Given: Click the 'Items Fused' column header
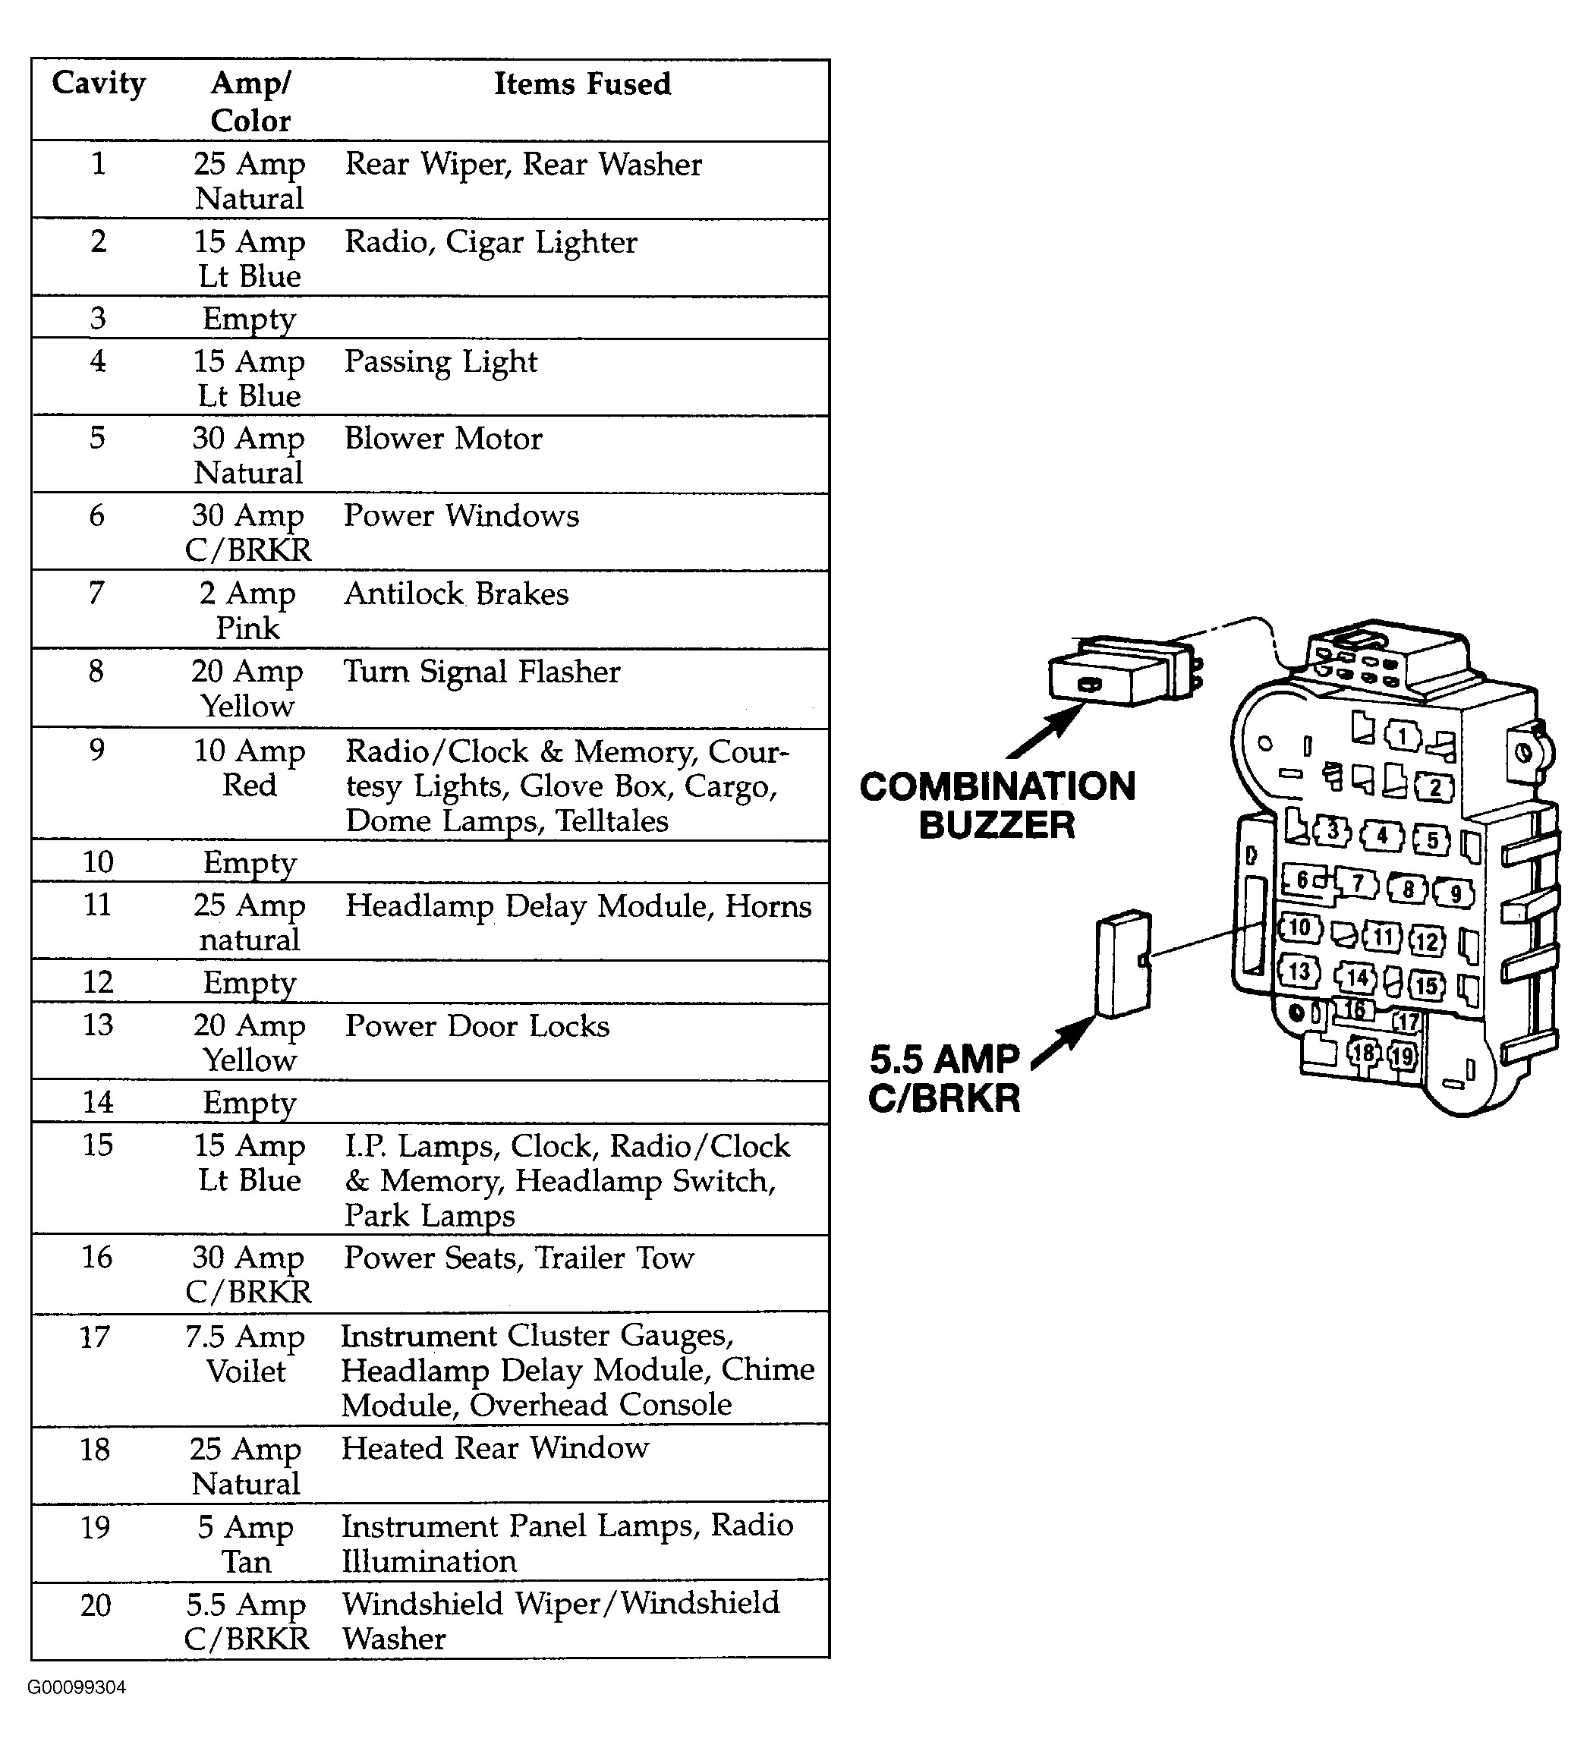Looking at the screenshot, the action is click(x=583, y=84).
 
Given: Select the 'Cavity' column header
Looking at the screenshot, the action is click(x=98, y=84).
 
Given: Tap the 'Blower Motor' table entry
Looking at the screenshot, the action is click(x=443, y=439).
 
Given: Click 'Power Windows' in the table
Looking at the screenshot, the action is click(x=461, y=516).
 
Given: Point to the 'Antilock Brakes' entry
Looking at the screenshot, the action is click(x=457, y=594).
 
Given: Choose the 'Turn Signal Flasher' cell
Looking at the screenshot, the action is click(x=482, y=672).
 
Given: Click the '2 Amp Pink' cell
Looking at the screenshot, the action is click(x=247, y=610).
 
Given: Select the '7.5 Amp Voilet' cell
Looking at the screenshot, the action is click(x=246, y=1353).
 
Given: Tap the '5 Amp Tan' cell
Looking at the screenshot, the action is click(x=246, y=1545).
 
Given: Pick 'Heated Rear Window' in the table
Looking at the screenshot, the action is click(x=495, y=1448).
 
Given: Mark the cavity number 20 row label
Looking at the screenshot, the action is click(x=96, y=1605).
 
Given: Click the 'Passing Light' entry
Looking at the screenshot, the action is click(x=441, y=361).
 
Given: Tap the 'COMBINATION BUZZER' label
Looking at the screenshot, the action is click(x=998, y=805).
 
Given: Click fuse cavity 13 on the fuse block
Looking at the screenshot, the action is click(x=1299, y=970).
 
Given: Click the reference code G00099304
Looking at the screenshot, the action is click(x=77, y=1687).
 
